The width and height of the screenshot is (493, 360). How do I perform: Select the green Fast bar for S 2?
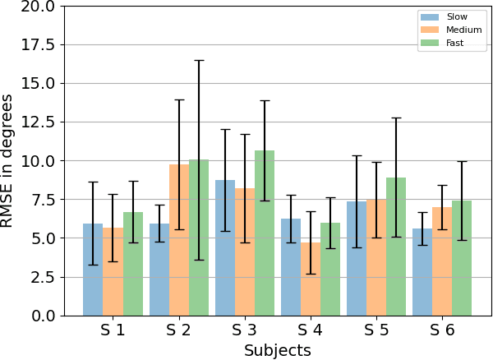[x=199, y=238]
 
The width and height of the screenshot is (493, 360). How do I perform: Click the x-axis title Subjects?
[x=277, y=350]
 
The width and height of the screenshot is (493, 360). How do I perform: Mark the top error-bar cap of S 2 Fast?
[x=199, y=61]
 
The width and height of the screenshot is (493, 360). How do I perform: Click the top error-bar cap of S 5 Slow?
[x=357, y=156]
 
